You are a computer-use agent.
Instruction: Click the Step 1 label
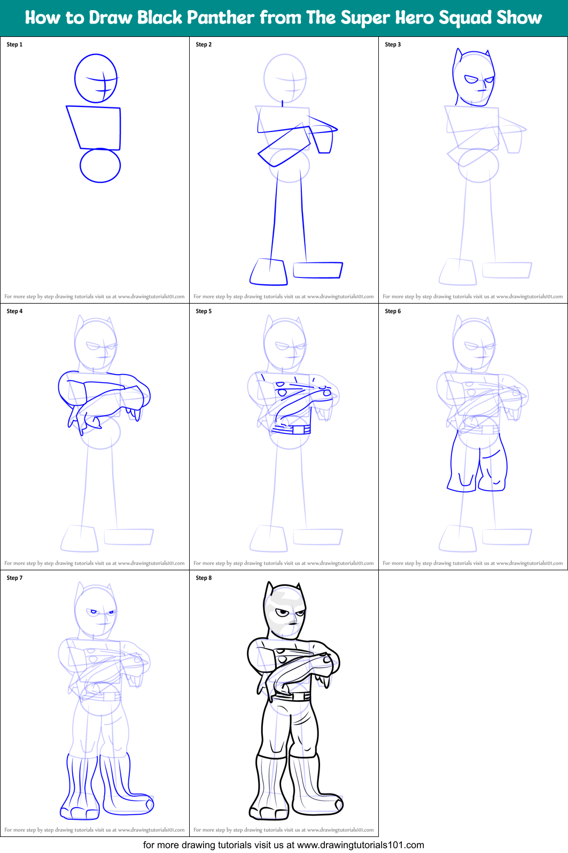(14, 44)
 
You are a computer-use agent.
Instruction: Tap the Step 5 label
(204, 311)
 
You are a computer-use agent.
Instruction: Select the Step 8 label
(204, 578)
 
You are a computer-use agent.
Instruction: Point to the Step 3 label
(393, 44)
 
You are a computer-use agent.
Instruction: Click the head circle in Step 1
(96, 78)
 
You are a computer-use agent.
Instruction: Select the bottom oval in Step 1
(100, 165)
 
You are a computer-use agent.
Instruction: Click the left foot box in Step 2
(269, 272)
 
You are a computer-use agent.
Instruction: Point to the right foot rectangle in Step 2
(317, 270)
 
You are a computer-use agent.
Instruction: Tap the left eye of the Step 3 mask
(471, 80)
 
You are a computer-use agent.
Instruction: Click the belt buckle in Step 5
(298, 430)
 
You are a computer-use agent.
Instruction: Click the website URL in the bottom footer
(360, 845)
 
